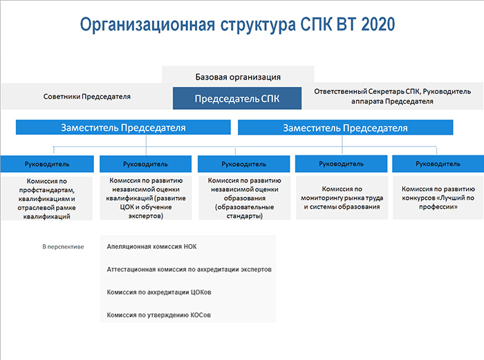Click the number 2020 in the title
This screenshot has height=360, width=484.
click(x=378, y=24)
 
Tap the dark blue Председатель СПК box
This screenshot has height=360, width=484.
click(x=237, y=98)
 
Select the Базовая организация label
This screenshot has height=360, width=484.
click(x=238, y=77)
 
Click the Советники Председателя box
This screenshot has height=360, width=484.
click(x=86, y=97)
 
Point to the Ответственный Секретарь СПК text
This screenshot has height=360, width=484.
click(x=367, y=92)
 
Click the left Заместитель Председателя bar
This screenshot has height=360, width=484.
click(x=123, y=127)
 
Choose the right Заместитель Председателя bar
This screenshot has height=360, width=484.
click(x=346, y=127)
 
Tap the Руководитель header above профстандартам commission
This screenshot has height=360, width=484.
click(x=47, y=164)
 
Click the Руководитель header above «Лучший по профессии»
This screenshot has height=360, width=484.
click(x=438, y=164)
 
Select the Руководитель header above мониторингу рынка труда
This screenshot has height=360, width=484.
click(x=341, y=164)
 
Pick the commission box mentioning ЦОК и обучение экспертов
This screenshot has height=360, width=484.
click(x=146, y=198)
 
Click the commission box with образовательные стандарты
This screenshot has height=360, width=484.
click(x=245, y=198)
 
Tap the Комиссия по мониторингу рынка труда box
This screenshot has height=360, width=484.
click(x=342, y=198)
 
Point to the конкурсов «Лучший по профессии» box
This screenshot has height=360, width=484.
click(x=438, y=198)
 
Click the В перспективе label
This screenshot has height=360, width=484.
click(x=63, y=247)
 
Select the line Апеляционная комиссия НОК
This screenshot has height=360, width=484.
click(x=151, y=247)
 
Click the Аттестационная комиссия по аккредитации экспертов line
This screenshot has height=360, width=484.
click(x=189, y=269)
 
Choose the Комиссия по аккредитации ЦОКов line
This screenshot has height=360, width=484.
click(x=159, y=292)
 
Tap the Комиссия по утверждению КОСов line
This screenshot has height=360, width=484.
click(x=158, y=315)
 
